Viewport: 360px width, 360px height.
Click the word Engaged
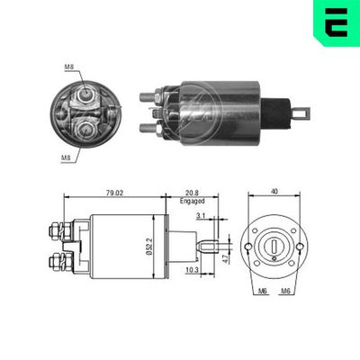(193, 202)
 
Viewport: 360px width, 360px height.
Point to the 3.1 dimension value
(200, 215)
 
